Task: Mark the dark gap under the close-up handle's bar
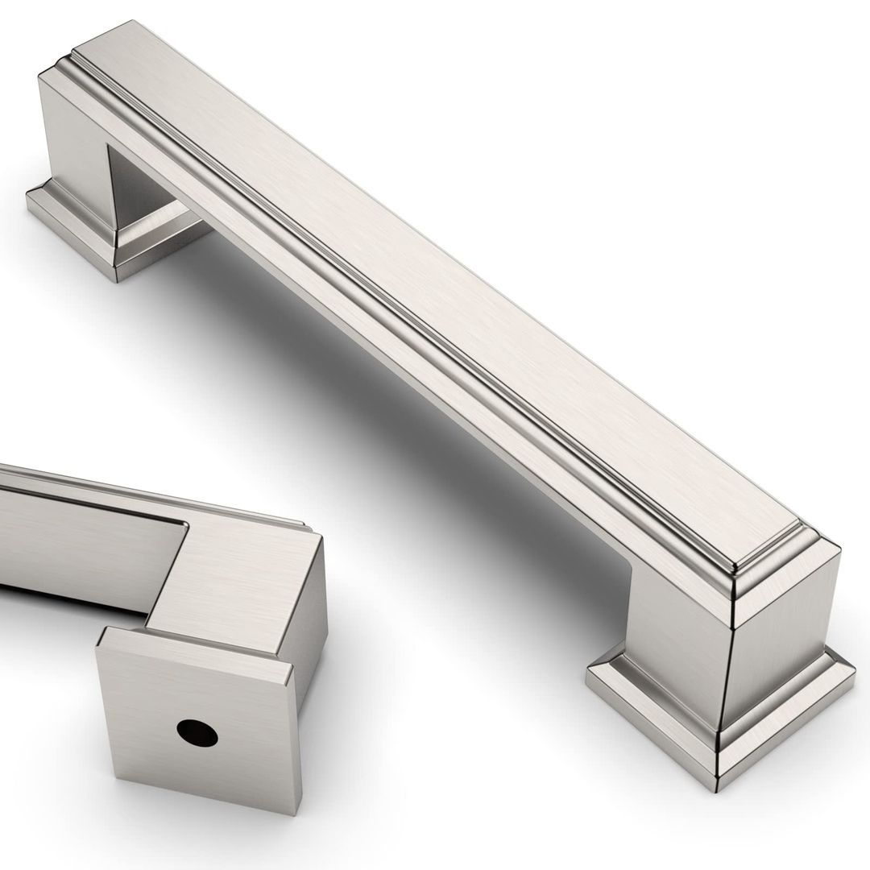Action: pyautogui.click(x=64, y=600)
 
